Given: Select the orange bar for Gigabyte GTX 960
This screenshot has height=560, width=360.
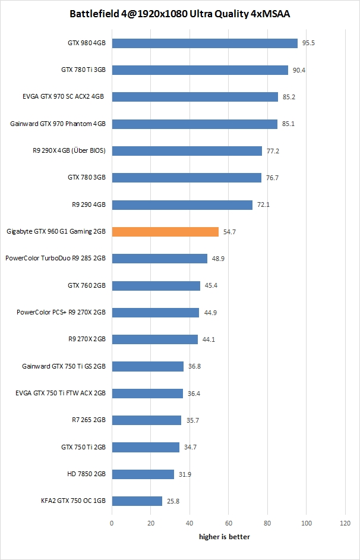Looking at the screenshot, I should click(x=165, y=231).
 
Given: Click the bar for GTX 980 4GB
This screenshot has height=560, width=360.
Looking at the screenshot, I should click(x=204, y=43).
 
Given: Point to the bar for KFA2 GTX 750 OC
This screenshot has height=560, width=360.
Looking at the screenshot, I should click(x=137, y=501).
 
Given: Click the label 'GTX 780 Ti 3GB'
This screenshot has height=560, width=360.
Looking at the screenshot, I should click(x=83, y=70).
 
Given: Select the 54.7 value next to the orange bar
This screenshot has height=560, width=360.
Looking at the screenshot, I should click(x=229, y=231).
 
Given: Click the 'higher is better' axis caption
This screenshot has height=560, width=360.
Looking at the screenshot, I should click(x=224, y=537).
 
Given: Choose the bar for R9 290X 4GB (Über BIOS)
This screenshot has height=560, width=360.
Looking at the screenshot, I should click(x=187, y=151).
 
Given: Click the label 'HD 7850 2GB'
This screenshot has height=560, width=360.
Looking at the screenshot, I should click(x=87, y=474).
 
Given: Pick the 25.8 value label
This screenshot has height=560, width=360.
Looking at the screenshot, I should click(x=173, y=501).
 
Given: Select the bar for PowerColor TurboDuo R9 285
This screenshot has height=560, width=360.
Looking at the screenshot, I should click(x=159, y=259).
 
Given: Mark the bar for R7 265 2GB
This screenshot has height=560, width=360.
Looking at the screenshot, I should click(x=146, y=420).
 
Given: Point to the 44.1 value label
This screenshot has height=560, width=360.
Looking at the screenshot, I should click(x=209, y=339).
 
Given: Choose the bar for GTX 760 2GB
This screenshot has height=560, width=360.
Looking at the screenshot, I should click(x=156, y=285).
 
